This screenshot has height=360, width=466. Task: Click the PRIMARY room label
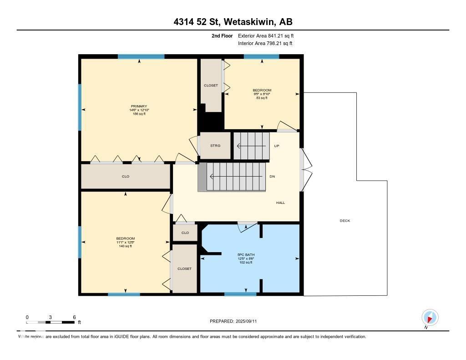click(139, 106)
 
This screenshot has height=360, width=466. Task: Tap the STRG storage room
click(215, 146)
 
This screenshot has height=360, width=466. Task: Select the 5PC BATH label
click(246, 254)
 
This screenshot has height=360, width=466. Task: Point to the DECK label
click(345, 221)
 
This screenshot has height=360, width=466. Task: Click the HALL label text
click(280, 203)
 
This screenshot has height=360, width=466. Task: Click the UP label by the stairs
click(276, 146)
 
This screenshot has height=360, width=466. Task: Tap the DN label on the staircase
click(272, 177)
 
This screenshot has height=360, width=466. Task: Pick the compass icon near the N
click(430, 317)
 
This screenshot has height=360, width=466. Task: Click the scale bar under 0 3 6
click(50, 322)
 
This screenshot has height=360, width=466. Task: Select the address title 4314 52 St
click(233, 22)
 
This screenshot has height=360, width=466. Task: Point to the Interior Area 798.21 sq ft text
click(265, 43)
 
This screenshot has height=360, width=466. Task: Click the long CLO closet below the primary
click(126, 176)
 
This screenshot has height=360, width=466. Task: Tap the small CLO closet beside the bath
click(185, 233)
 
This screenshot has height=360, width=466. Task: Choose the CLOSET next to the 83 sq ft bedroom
click(211, 85)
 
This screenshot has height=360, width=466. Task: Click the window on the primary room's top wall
click(141, 56)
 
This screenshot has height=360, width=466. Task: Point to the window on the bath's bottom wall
click(240, 294)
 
